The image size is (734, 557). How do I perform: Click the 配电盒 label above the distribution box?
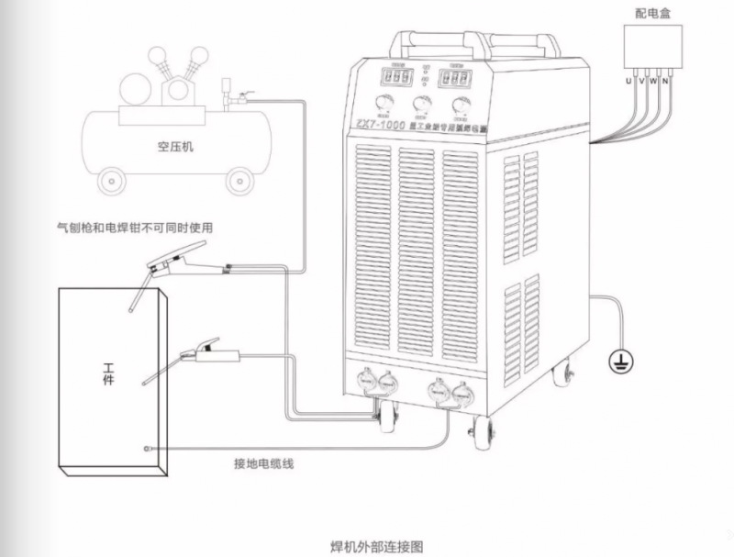[653, 14]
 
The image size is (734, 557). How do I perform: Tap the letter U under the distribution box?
[628, 82]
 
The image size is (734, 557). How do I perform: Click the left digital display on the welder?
[395, 79]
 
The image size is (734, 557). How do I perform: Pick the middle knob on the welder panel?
[423, 103]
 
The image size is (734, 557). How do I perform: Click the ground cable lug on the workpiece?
[145, 448]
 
